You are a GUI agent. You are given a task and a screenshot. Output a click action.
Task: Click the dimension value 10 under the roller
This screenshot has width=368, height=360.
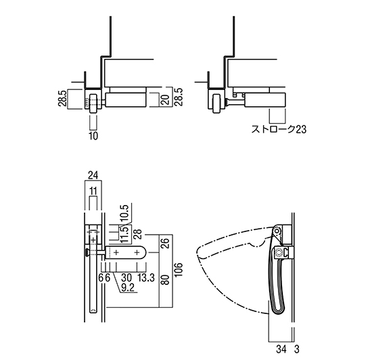(93, 136)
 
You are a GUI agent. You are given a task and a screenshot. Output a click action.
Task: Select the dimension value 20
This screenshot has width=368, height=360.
(165, 99)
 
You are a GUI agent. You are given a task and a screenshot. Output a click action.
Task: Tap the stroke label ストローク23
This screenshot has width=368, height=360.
(279, 129)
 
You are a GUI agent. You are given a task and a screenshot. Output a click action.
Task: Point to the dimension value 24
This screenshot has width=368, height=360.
(93, 175)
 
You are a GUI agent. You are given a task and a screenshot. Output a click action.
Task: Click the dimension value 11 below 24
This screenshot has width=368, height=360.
(93, 191)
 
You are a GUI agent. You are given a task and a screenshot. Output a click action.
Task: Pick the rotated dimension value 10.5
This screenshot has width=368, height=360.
(124, 213)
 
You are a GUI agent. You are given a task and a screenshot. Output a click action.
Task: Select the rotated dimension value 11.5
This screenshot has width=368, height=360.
(124, 234)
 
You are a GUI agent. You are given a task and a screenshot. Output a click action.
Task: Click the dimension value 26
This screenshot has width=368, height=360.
(166, 244)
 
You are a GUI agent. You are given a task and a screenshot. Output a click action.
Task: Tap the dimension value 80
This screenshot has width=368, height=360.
(166, 280)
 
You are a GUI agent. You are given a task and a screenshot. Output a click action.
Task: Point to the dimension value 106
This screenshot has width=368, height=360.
(179, 269)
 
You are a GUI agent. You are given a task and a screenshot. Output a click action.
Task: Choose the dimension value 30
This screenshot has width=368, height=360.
(127, 278)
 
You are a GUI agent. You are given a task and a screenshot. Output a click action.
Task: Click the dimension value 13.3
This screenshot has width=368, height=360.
(146, 278)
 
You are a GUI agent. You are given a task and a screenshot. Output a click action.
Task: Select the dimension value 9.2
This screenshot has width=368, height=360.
(128, 288)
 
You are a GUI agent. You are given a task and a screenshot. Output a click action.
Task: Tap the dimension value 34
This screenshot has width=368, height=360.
(281, 349)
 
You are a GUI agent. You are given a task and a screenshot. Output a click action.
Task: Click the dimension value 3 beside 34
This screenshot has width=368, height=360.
(297, 349)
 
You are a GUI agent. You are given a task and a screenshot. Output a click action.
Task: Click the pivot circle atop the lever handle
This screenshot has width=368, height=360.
(277, 231)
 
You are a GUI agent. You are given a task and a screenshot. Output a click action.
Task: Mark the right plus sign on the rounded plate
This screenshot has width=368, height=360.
(137, 252)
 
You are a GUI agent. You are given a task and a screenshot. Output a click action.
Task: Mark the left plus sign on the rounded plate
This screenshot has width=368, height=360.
(116, 252)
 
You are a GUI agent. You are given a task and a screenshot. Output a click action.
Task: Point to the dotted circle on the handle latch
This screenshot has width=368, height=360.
(279, 252)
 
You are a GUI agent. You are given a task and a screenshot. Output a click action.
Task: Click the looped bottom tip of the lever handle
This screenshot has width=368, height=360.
(279, 312)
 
